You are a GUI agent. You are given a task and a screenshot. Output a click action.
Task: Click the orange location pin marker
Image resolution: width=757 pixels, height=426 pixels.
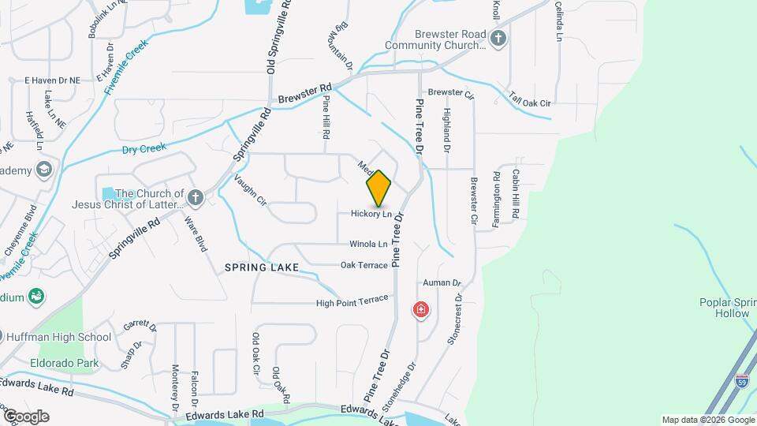378,188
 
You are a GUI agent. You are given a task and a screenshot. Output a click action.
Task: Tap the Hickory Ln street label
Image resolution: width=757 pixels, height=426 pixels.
371,214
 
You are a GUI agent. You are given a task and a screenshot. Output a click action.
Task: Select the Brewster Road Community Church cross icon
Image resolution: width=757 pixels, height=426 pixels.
498,38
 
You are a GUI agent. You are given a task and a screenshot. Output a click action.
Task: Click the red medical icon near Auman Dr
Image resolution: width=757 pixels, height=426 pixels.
422,309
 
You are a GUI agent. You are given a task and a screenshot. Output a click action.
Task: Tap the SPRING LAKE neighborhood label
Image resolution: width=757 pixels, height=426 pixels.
262,268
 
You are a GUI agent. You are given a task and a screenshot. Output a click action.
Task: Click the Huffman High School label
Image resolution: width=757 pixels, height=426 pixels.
59,337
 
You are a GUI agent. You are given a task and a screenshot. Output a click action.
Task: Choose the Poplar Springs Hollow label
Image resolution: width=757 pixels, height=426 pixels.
726,308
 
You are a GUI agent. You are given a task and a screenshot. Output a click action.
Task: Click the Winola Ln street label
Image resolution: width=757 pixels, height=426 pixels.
369,245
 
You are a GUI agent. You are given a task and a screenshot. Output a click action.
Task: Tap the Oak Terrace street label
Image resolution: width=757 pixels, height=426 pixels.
364,265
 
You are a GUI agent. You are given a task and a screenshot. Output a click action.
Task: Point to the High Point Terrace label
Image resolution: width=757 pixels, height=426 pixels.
352,301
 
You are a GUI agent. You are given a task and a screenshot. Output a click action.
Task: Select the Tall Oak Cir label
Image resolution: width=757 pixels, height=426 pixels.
529,103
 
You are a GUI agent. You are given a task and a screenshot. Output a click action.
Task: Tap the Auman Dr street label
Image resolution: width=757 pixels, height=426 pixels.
442,282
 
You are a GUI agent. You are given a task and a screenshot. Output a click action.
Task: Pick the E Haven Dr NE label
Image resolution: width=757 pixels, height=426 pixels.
53,80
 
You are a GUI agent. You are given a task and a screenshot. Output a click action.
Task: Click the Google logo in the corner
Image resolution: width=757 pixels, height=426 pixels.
26,416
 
